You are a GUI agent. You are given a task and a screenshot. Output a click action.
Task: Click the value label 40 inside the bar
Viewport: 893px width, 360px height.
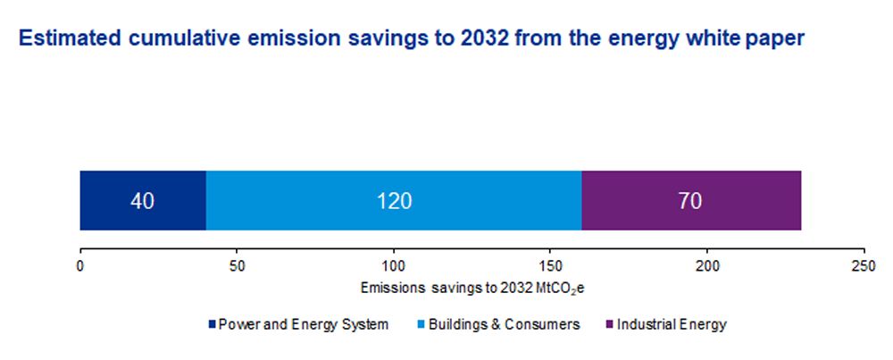click(143, 201)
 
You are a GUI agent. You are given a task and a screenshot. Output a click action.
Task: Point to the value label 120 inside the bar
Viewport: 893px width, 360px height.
click(394, 201)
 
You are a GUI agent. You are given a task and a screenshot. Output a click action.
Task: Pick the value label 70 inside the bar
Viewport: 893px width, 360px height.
click(689, 201)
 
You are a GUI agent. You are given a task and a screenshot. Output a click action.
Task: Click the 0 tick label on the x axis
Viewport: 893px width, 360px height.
click(80, 266)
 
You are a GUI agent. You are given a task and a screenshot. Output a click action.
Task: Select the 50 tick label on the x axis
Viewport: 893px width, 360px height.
click(237, 266)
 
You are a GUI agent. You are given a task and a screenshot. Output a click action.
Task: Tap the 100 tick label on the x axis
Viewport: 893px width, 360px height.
click(394, 266)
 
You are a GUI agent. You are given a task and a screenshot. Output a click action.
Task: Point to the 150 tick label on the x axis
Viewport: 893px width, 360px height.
click(551, 266)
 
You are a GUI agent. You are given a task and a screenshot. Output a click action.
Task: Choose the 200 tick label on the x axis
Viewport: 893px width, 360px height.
click(708, 266)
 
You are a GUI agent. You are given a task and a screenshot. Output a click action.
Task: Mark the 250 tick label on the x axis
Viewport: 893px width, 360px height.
click(864, 266)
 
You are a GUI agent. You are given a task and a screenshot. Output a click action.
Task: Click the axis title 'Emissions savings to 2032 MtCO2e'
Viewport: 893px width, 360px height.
click(472, 289)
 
